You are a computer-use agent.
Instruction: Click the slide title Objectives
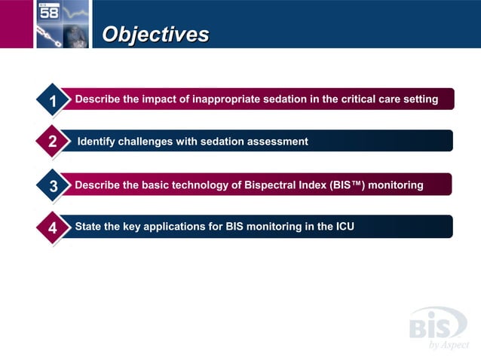point(155,34)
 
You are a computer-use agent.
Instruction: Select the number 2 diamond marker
point(52,142)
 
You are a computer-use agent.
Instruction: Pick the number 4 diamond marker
point(52,227)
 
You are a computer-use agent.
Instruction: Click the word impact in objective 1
point(156,99)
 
